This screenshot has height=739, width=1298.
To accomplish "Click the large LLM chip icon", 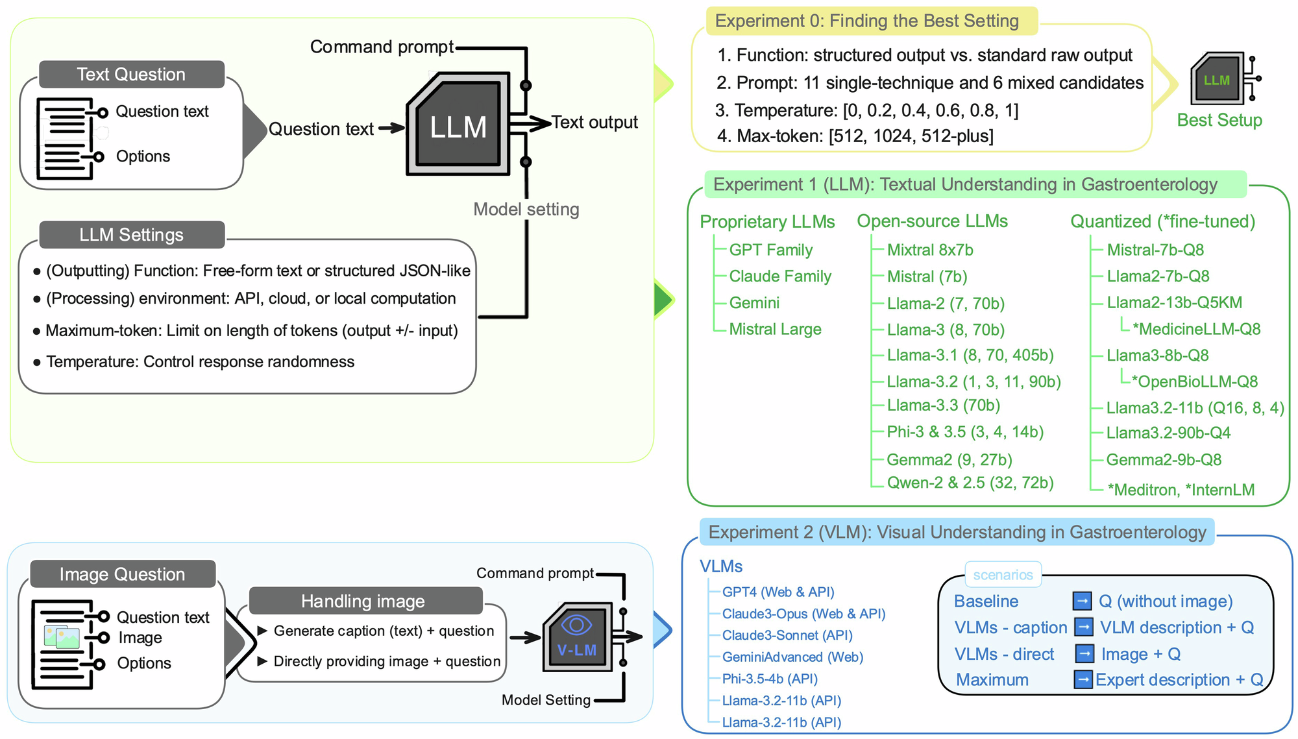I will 458,124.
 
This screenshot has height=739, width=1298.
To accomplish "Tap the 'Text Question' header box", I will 132,75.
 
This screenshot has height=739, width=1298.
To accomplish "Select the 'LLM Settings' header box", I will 132,235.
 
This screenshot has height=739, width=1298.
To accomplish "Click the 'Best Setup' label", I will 1219,120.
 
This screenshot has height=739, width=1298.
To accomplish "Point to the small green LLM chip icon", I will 1218,79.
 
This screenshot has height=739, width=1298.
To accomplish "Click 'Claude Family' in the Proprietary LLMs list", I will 780,276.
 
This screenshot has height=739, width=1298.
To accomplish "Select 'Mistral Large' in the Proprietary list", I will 775,330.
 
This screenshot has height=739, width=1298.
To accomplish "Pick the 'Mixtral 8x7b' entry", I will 930,250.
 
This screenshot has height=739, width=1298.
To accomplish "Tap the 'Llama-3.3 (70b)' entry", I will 943,406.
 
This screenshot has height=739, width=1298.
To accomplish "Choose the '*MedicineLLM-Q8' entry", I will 1196,329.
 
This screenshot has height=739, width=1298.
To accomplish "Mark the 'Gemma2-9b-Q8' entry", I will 1164,460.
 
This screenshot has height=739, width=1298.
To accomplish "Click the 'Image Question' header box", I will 123,574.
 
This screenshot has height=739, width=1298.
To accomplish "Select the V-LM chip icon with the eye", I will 577,636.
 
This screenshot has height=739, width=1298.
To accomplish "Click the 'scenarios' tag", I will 1003,575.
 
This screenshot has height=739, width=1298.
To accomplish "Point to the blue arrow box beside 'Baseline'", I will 1082,601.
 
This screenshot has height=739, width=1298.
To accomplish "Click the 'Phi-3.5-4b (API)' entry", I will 770,679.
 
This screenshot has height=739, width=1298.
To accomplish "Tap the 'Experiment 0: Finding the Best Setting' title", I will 866,21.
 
